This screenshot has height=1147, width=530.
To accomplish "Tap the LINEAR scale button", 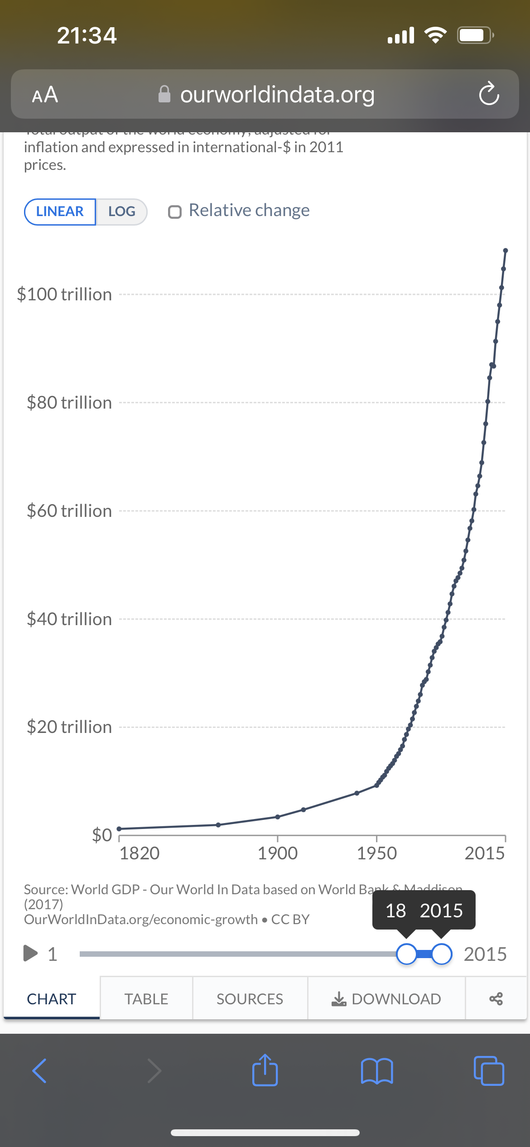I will [60, 212].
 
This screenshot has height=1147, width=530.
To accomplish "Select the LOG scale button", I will [121, 212].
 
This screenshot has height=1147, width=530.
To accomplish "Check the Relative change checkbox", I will [175, 212].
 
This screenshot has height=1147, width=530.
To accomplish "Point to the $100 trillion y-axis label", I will [64, 294].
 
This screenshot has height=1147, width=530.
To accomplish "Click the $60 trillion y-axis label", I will [69, 511].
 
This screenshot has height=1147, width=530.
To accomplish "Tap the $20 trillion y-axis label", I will [69, 727].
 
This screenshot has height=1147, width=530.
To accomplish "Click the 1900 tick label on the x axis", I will [278, 853].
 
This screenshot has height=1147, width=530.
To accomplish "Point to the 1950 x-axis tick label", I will [376, 853].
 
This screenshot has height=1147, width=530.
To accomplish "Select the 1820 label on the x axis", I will [140, 853].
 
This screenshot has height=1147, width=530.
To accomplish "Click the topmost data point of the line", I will [506, 251].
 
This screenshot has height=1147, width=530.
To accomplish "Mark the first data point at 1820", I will [119, 829].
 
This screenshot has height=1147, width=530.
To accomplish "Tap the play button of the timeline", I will [30, 953].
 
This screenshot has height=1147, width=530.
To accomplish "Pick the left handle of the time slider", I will [406, 954].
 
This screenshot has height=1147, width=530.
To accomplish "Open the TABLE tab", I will [146, 999].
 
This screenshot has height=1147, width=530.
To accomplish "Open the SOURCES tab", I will [250, 999].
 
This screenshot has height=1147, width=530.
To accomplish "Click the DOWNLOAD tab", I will [386, 999].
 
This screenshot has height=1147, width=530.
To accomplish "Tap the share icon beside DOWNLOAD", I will [496, 999].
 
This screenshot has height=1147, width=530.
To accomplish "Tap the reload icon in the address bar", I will [489, 94].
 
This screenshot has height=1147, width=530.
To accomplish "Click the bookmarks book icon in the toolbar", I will [377, 1071].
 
